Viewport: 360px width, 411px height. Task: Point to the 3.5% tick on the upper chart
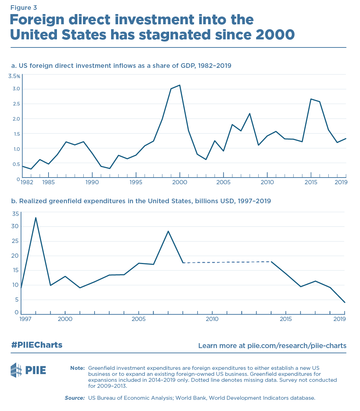click(x=14, y=76)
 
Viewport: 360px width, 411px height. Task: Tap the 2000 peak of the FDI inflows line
click(x=180, y=85)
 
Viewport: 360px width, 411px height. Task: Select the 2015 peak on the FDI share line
click(x=311, y=99)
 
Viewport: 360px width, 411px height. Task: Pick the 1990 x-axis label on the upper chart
click(x=92, y=182)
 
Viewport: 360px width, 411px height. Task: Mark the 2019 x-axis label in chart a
click(x=341, y=182)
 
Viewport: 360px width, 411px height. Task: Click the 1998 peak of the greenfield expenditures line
click(x=36, y=218)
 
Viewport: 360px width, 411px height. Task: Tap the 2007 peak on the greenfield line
click(x=168, y=231)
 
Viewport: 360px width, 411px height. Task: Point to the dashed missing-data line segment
click(x=227, y=262)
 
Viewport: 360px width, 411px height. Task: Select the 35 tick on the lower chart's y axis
click(x=15, y=213)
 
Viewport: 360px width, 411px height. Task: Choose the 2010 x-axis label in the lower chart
click(x=212, y=319)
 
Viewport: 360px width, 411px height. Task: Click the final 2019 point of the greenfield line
click(x=345, y=302)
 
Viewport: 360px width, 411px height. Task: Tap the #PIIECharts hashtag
click(x=37, y=345)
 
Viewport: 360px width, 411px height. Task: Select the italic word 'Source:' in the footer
click(x=75, y=398)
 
